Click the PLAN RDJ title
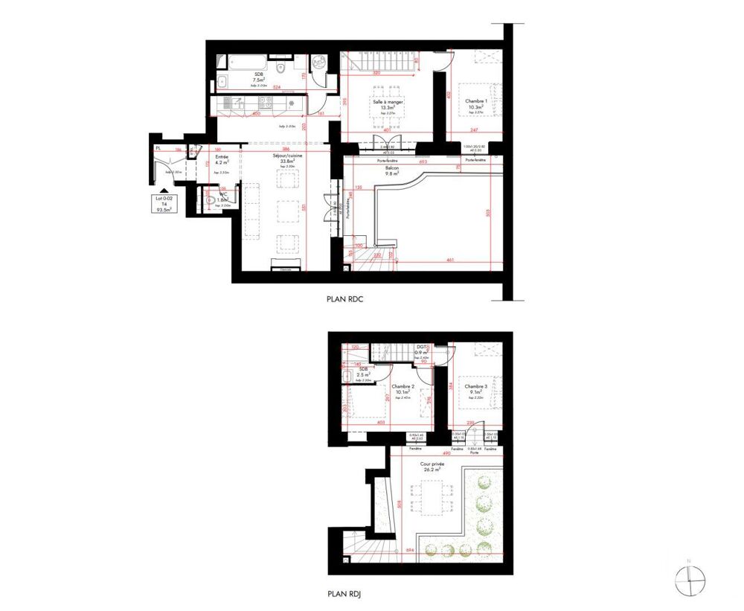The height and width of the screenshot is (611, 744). click(344, 595)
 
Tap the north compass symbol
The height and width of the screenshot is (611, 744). click(690, 578)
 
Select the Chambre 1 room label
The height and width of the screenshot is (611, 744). click(476, 101)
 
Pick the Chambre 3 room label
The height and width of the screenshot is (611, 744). click(475, 386)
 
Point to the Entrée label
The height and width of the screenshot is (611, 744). click(222, 158)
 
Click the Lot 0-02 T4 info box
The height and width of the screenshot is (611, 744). click(164, 204)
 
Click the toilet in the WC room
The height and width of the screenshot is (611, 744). click(208, 200)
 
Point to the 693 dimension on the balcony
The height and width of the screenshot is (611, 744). click(423, 161)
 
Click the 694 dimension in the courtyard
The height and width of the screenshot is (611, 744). click(409, 551)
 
